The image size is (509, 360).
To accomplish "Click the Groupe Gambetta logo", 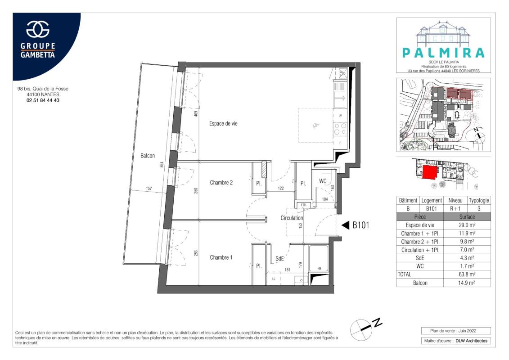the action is (x=38, y=40).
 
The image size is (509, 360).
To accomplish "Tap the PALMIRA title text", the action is (x=443, y=53).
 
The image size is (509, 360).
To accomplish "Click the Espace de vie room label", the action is (x=223, y=123).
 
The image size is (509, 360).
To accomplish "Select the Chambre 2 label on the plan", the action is (x=221, y=182).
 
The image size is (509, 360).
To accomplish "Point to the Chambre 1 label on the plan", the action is (x=221, y=257).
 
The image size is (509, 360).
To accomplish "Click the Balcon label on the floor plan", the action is (x=147, y=156).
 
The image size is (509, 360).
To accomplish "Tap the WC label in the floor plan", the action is (x=323, y=181).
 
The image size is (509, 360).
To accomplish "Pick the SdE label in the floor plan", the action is (x=279, y=259).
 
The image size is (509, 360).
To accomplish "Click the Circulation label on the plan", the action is (x=292, y=218).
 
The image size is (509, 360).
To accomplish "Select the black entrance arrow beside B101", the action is (x=345, y=225).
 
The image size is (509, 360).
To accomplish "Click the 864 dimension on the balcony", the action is (x=161, y=165).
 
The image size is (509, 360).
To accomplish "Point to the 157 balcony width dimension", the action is (x=149, y=188).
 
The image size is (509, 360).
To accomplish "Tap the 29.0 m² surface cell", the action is (x=467, y=225).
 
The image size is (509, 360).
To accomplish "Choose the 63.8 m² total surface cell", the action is (x=467, y=274).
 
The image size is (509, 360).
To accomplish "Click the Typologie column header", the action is (x=479, y=200).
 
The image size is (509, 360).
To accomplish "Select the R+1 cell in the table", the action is (x=455, y=209).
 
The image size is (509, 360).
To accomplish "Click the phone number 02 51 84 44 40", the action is (x=43, y=100).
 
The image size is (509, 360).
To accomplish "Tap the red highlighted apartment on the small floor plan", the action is (x=430, y=171).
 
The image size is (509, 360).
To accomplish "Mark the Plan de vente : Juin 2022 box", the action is (x=456, y=331).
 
